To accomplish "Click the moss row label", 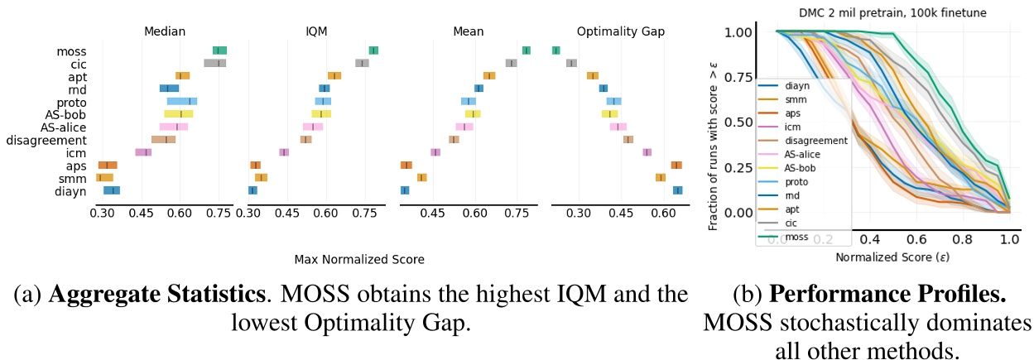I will [x=72, y=51].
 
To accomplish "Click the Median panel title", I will [x=166, y=32].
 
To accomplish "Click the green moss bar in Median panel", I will [x=219, y=51].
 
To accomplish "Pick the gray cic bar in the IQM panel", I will [x=362, y=64].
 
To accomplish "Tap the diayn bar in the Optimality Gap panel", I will [x=677, y=190].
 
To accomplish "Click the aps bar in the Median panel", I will [x=108, y=166].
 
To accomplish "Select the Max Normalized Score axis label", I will [x=359, y=260].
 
